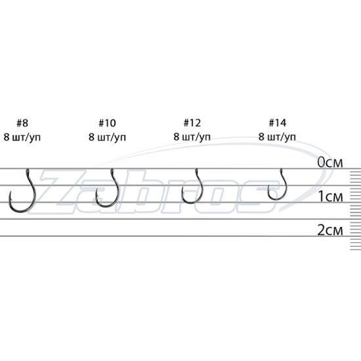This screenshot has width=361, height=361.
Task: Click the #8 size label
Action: [22, 123]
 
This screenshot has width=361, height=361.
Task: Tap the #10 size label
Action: [107, 123]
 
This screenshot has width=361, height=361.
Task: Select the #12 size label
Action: [192, 123]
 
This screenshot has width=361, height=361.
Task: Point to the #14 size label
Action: [278, 123]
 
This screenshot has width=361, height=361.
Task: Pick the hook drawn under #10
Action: [117, 196]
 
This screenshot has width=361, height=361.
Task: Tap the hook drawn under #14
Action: [286, 189]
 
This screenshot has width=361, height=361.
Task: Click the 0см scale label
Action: [330, 163]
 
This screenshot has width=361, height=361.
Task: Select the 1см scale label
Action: [330, 197]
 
